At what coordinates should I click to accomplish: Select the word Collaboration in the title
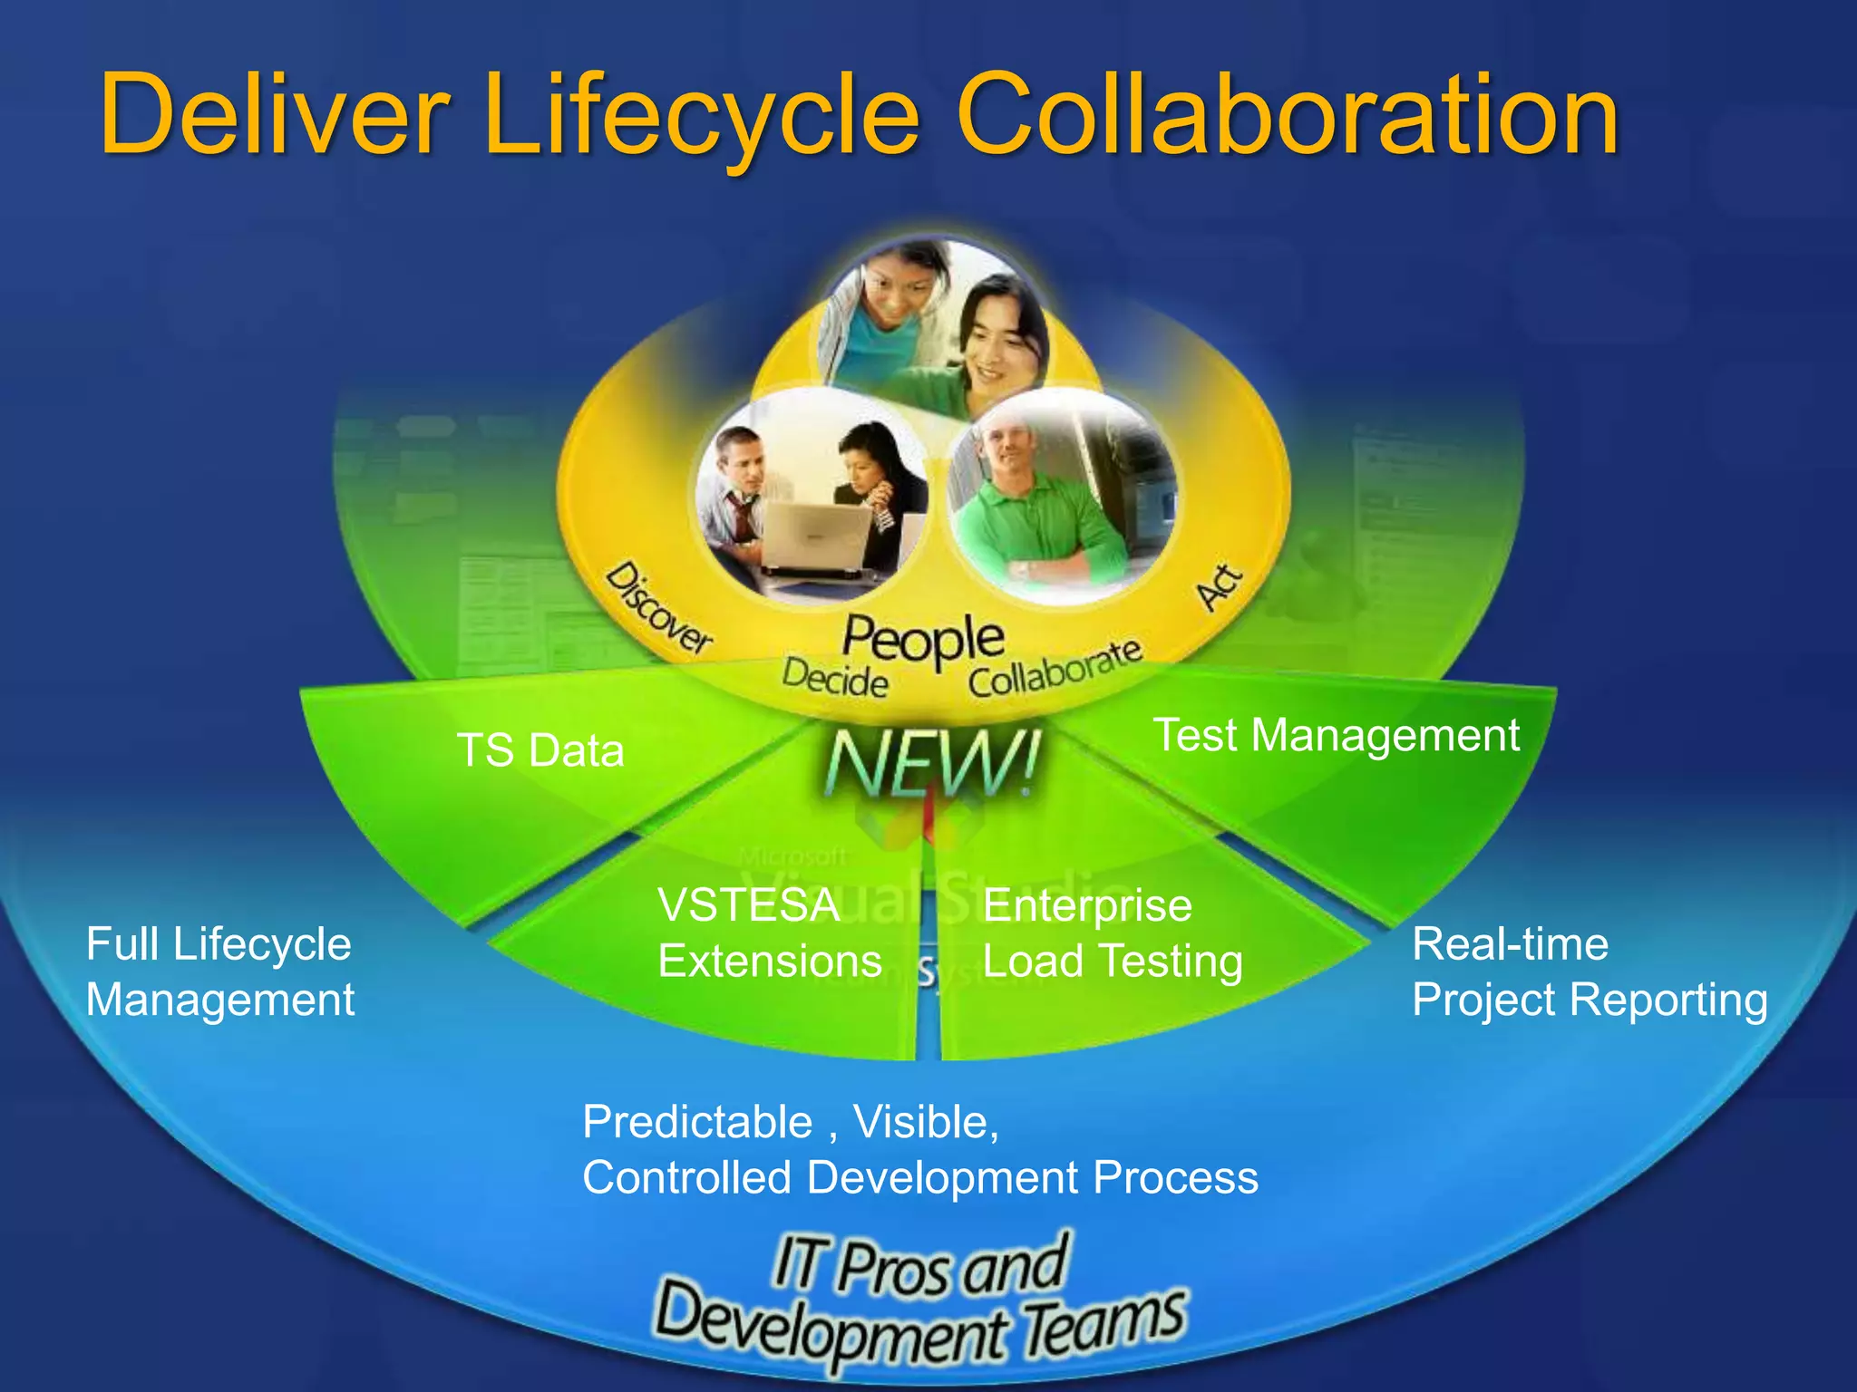tap(1287, 115)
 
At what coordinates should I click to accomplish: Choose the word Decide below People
tap(834, 678)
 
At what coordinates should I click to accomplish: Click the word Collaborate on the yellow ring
tap(1055, 669)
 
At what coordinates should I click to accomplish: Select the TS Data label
tap(540, 750)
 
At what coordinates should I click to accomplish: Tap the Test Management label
tap(1336, 734)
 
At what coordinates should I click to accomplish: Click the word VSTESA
tap(748, 904)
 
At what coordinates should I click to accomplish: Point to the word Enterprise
tap(1086, 904)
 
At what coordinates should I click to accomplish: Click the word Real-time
tap(1510, 943)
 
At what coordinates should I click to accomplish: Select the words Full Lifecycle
tap(219, 943)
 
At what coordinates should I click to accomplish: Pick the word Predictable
tap(696, 1121)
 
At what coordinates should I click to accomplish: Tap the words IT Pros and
tap(919, 1266)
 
